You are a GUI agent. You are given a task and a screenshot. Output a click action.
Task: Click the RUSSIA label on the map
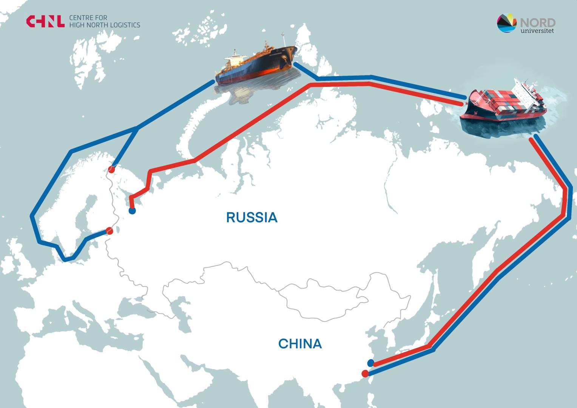click(252, 218)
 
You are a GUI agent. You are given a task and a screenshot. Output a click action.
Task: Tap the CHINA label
click(300, 344)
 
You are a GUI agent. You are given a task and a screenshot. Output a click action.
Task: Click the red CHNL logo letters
click(45, 22)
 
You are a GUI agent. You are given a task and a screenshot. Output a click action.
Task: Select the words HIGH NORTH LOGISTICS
click(105, 25)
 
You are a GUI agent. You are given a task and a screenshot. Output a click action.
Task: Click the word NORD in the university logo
click(538, 22)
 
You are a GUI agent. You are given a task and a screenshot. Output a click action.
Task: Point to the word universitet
click(537, 31)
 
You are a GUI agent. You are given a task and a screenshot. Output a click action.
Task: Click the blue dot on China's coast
click(370, 363)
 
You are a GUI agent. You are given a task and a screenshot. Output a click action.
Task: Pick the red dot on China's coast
click(365, 374)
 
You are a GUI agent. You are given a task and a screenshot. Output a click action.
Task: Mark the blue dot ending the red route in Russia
click(132, 211)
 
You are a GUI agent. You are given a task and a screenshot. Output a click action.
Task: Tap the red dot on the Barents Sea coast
click(111, 169)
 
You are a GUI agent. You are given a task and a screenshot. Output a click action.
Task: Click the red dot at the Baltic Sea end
click(110, 231)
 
